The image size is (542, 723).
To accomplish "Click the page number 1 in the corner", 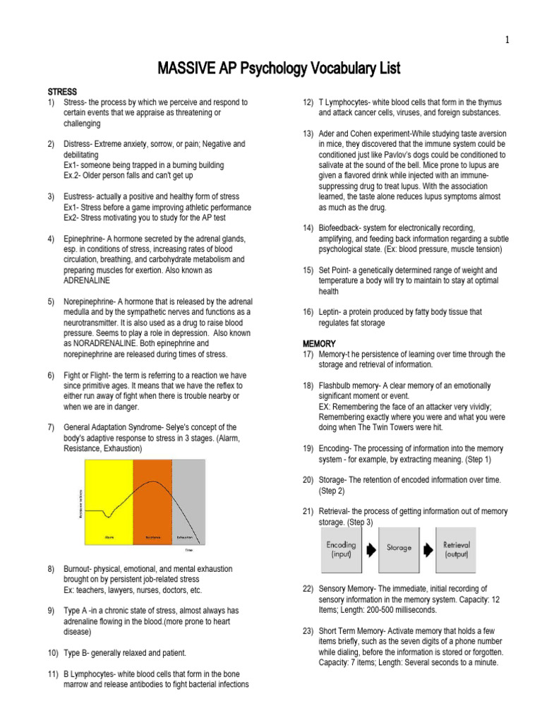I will (507, 40).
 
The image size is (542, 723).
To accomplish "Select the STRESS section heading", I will (62, 92).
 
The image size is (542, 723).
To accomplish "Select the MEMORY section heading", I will (319, 344).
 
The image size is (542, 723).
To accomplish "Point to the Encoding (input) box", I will (342, 550).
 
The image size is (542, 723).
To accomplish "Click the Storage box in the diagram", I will (399, 548).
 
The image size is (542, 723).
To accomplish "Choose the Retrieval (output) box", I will (456, 550).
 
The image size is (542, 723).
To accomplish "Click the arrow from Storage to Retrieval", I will (428, 549).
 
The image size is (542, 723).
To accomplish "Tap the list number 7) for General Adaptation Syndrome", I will (52, 427).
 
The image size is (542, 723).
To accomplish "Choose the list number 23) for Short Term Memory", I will (308, 631).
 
